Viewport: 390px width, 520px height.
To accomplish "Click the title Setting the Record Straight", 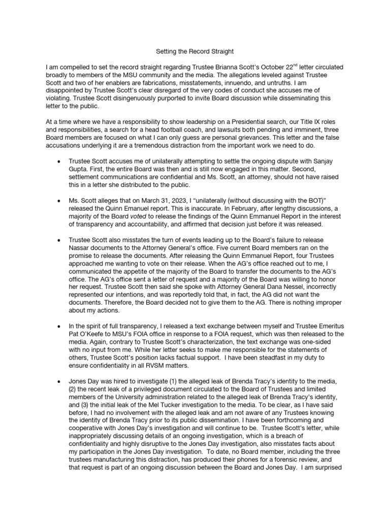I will point(195,52).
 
